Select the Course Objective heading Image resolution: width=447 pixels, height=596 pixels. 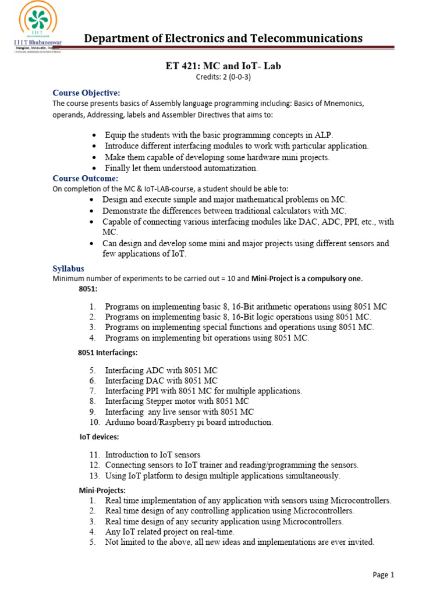tap(86, 93)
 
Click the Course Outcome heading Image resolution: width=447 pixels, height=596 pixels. tap(85, 178)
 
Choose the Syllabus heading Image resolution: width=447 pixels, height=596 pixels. tap(68, 268)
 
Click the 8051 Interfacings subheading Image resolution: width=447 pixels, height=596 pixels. tap(108, 352)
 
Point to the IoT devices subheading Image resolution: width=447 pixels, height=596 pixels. tap(99, 437)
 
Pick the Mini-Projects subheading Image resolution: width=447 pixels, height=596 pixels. tap(102, 491)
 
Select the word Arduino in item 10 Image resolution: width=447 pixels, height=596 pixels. tap(120, 423)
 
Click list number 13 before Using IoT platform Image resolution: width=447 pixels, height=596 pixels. tap(95, 476)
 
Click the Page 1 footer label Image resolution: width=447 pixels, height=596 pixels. tap(384, 574)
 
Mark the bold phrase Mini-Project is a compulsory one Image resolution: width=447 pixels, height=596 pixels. tap(307, 278)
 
